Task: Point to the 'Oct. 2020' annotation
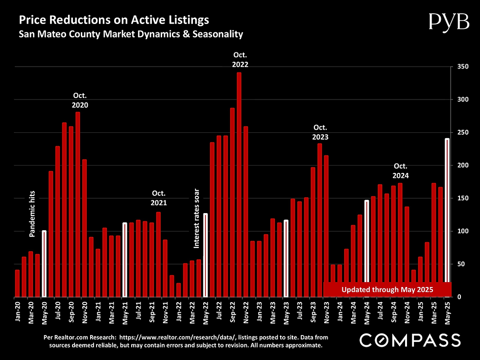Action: pyautogui.click(x=80, y=100)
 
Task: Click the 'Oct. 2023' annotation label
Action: pyautogui.click(x=320, y=133)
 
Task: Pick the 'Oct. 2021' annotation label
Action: pyautogui.click(x=159, y=198)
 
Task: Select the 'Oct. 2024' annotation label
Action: pyautogui.click(x=401, y=170)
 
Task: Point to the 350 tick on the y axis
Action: pyautogui.click(x=461, y=66)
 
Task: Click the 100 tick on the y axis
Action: pyautogui.click(x=461, y=231)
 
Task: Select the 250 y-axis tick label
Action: pyautogui.click(x=461, y=132)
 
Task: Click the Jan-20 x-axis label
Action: pyautogui.click(x=17, y=311)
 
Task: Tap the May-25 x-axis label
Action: pyautogui.click(x=447, y=311)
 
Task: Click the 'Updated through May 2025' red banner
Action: pyautogui.click(x=387, y=289)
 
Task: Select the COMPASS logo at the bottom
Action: pyautogui.click(x=410, y=340)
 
